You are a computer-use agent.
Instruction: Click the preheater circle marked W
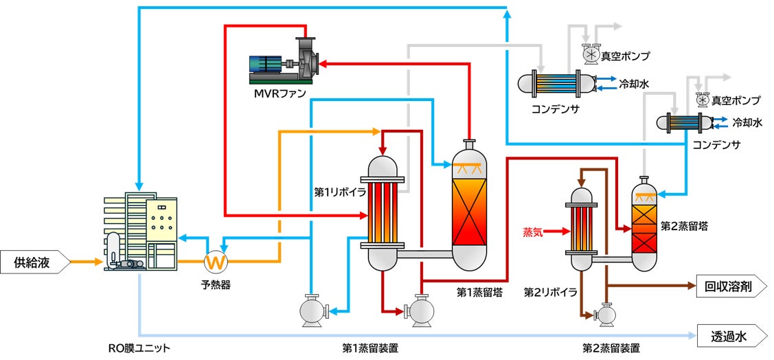[x=215, y=262]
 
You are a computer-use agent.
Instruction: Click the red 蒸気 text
[x=532, y=232]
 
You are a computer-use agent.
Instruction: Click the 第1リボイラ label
[x=340, y=192]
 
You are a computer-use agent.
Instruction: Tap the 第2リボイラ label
[x=550, y=292]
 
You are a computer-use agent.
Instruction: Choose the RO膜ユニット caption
[x=139, y=348]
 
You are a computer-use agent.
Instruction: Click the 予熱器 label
[x=216, y=284]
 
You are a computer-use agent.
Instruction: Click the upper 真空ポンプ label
[x=625, y=56]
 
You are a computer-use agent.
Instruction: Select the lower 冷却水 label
[x=747, y=123]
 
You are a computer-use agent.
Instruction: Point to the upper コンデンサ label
[x=556, y=108]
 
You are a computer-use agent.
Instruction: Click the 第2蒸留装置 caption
[x=611, y=348]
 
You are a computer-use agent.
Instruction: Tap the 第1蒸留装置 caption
[x=371, y=348]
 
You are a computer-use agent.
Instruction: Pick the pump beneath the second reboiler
[x=606, y=314]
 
